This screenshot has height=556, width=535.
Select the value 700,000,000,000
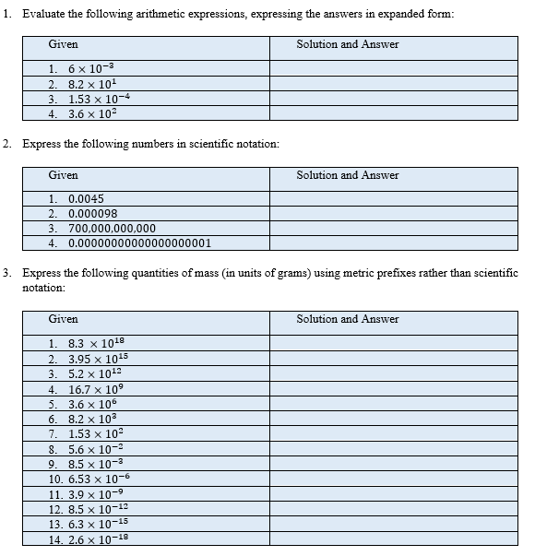(x=112, y=229)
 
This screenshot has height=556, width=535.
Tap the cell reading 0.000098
(x=92, y=213)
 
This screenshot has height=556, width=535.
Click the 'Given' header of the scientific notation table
(x=63, y=175)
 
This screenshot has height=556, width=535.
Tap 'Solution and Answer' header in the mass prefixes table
(x=347, y=319)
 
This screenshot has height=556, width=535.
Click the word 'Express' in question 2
(x=42, y=145)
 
